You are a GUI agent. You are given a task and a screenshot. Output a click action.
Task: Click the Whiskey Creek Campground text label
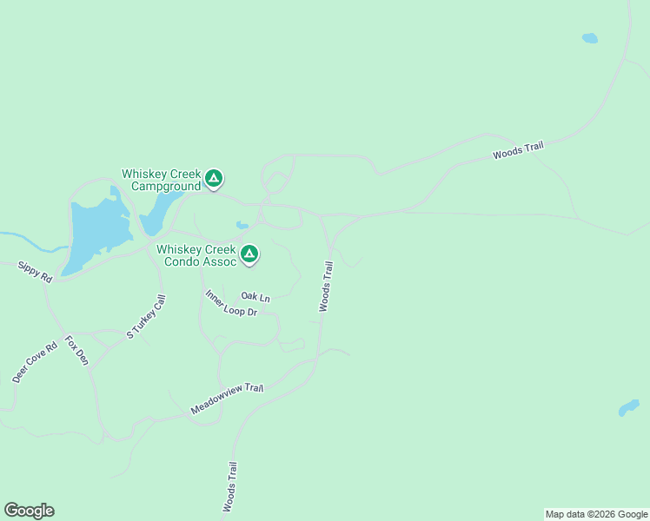coord(161,180)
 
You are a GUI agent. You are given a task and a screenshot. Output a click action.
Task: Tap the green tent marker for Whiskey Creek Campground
coord(214,180)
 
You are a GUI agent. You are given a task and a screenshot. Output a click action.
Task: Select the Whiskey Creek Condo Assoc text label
coord(196,255)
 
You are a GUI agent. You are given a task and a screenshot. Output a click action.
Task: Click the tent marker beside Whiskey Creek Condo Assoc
coord(249,254)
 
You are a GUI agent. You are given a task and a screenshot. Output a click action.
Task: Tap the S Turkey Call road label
coord(146,316)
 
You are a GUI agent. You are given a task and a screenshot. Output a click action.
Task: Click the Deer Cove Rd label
coord(34,362)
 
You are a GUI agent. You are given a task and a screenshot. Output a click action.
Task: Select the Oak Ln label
coord(255,297)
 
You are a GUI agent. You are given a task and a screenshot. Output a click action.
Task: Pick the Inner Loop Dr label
coord(232,303)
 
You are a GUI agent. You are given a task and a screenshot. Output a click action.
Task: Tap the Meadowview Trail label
coord(227,399)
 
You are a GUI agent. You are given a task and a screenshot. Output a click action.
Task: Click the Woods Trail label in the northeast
coord(518,150)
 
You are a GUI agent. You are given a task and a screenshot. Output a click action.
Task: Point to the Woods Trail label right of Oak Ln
coord(326,287)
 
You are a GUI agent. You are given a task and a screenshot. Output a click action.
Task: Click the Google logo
coord(29,511)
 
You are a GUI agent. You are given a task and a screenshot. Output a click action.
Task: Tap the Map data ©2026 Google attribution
coord(596,514)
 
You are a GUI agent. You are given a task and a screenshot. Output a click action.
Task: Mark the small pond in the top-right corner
coord(590,38)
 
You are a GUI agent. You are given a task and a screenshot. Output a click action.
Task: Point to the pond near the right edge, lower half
coord(628,407)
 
